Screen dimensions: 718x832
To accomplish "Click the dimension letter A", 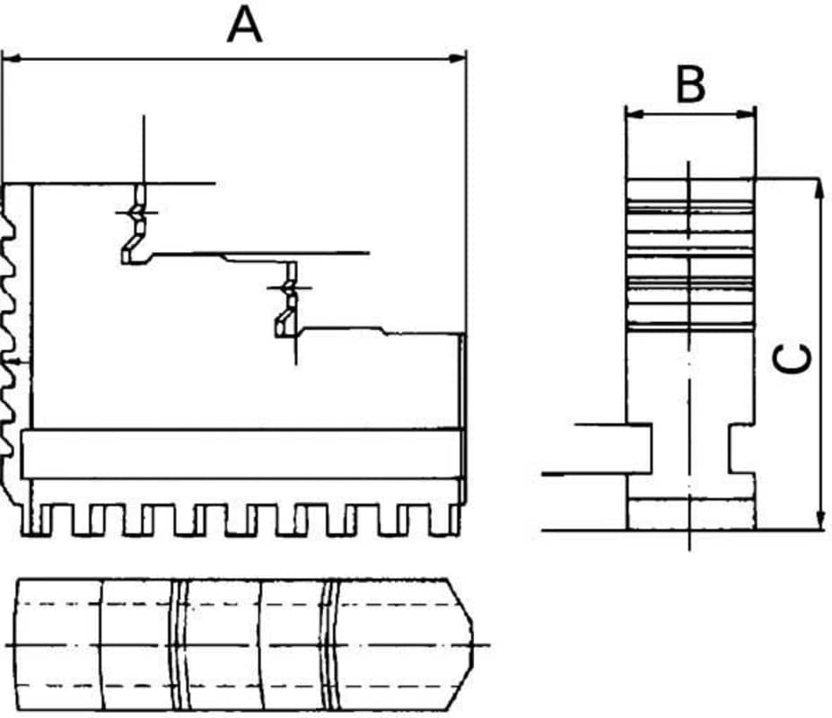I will click(x=244, y=25).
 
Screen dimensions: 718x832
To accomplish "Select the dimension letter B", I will click(x=690, y=85).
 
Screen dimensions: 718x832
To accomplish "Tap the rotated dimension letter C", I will click(x=795, y=358).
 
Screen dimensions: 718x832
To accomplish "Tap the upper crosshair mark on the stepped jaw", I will click(x=136, y=213).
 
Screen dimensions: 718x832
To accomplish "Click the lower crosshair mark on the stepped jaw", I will click(x=289, y=287).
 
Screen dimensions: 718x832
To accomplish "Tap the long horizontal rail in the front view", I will click(x=242, y=454).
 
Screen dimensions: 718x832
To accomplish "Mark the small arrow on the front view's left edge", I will click(x=11, y=362).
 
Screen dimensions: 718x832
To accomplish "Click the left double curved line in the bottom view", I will click(x=177, y=644).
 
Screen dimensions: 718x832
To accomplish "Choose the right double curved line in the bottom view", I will click(x=330, y=644).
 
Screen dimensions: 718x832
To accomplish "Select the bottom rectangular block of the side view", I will click(x=690, y=513).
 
